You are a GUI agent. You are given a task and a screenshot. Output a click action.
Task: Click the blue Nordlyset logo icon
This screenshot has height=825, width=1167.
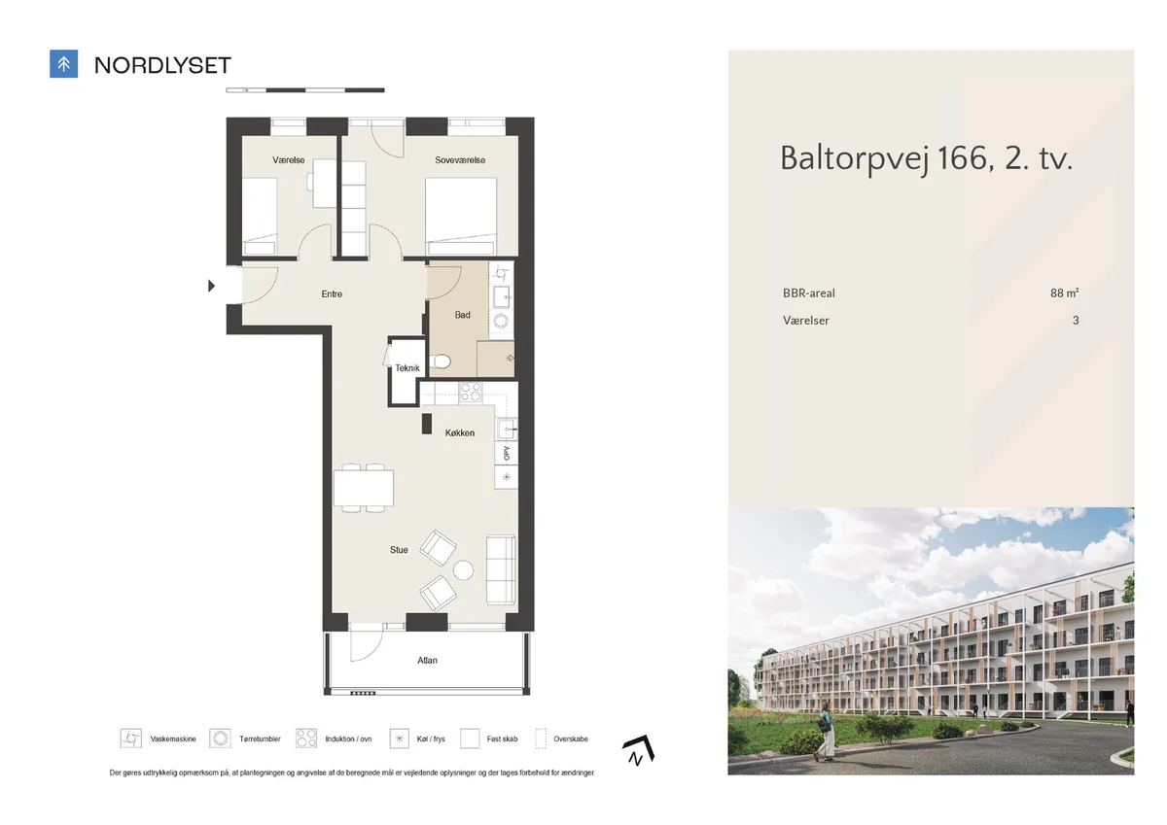point(63,64)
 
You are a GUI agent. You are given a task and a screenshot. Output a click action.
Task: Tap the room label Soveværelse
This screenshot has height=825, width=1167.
point(460,160)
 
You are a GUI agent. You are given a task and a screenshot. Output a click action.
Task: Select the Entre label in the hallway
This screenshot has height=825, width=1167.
point(332,294)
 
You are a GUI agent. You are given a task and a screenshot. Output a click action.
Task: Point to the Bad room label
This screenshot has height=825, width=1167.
point(462,315)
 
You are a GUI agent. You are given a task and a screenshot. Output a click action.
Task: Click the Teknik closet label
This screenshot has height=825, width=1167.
point(407,368)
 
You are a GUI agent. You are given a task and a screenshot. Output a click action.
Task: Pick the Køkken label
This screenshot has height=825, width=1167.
point(459,433)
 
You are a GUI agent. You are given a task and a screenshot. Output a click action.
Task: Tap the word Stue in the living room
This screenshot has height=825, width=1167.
point(399,550)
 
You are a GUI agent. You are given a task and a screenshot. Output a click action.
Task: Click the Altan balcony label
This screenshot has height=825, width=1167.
point(427,661)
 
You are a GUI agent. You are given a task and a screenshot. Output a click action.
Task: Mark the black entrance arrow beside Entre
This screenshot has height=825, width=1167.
point(211,286)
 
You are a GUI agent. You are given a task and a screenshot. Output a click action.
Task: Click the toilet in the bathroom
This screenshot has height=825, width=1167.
point(441,361)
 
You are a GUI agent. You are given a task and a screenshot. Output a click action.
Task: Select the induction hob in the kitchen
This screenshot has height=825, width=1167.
point(471,393)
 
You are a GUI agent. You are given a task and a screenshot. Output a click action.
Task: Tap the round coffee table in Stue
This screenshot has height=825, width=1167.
point(463,570)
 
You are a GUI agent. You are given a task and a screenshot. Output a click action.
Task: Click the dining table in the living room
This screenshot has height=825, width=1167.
point(364,488)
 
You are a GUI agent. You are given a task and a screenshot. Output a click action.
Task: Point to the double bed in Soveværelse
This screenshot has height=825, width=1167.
point(461,216)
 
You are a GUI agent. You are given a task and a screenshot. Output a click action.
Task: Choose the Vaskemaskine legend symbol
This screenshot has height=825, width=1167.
point(130,739)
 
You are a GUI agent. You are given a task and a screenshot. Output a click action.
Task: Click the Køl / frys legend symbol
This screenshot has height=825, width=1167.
point(399,739)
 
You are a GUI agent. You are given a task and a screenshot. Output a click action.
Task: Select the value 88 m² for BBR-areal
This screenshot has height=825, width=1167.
point(1064,293)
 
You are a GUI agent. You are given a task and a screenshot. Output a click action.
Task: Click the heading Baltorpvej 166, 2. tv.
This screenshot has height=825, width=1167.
point(926,157)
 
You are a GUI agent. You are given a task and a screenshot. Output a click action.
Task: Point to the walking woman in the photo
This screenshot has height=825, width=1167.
point(827,732)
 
